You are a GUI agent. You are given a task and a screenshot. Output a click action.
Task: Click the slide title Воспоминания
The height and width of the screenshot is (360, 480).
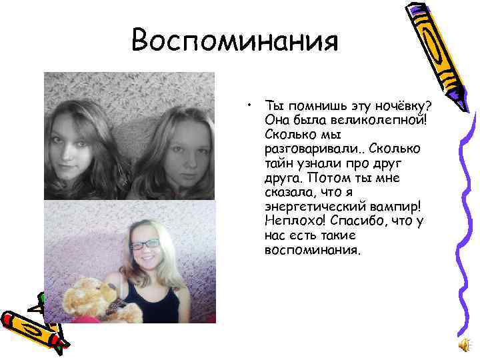(235, 41)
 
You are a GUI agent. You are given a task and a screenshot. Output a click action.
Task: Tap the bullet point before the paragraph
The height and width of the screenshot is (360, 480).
(247, 104)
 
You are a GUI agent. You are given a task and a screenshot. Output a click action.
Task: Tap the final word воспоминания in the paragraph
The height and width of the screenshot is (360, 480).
(312, 251)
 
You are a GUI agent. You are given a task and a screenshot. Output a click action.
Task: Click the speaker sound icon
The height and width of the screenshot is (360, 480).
(464, 344)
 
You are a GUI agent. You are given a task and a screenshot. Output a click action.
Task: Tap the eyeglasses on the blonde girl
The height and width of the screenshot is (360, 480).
(146, 245)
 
